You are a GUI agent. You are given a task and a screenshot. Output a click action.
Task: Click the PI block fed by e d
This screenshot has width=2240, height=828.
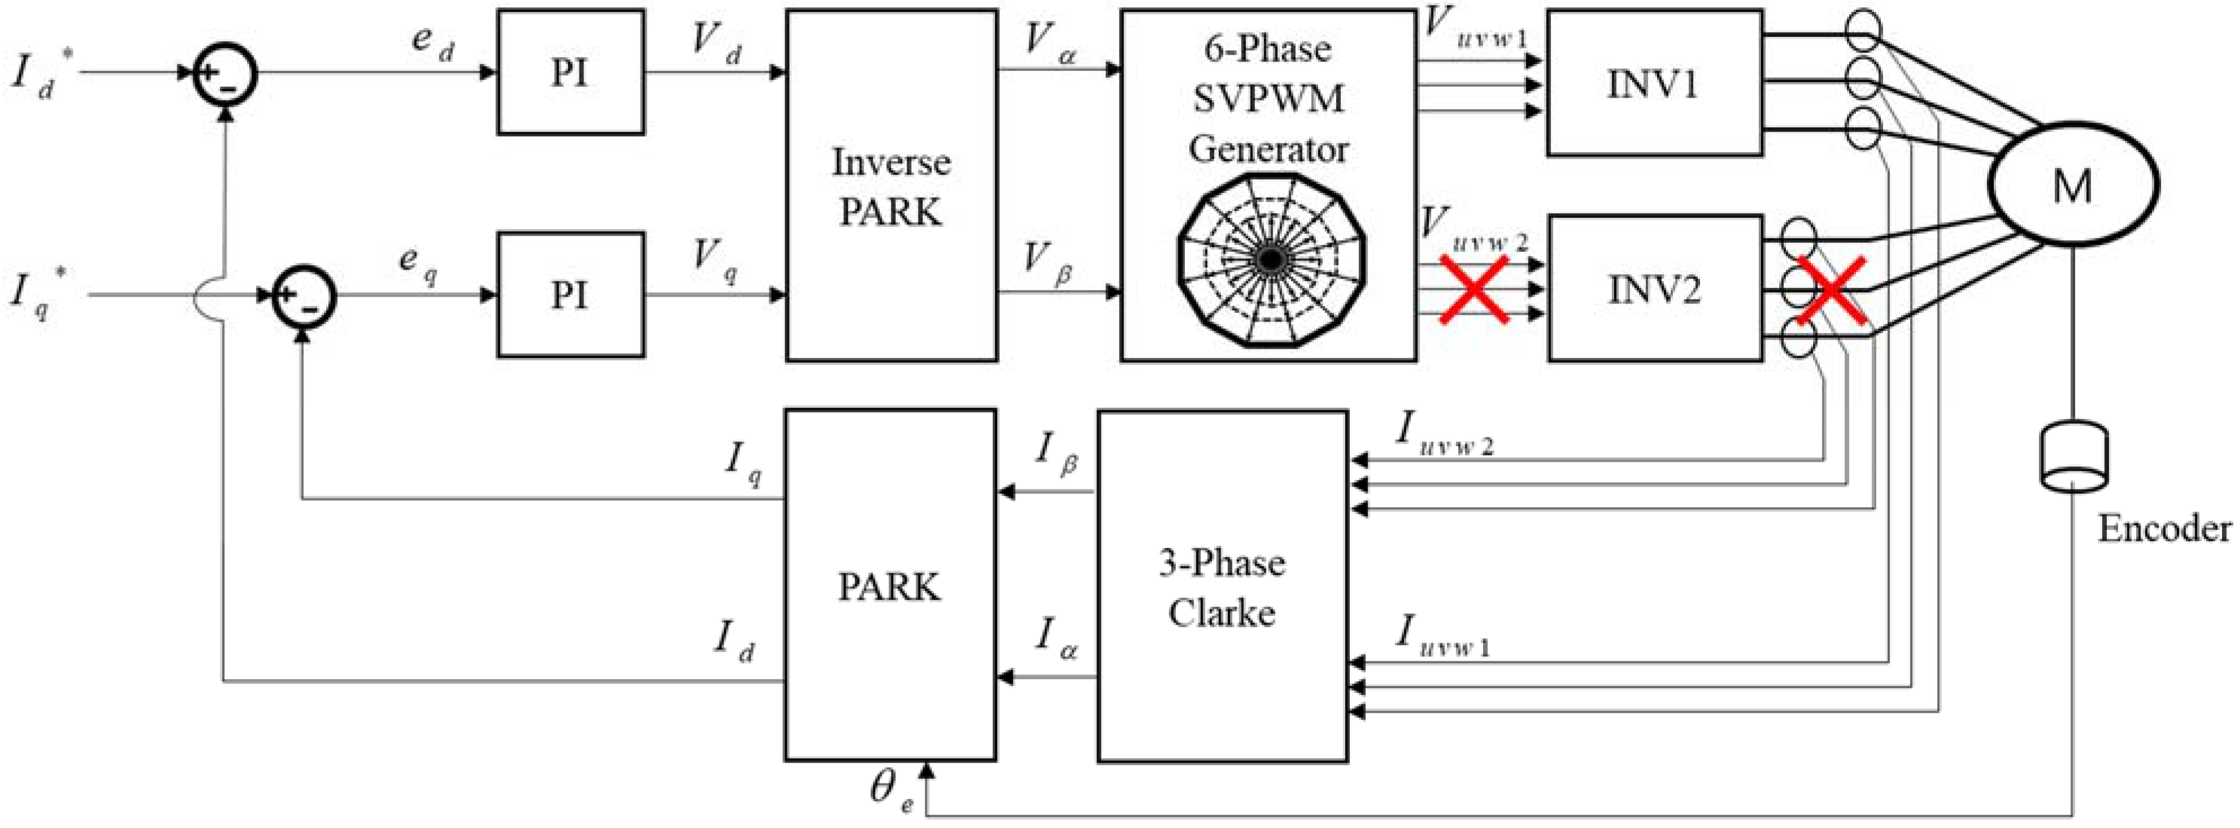(x=570, y=72)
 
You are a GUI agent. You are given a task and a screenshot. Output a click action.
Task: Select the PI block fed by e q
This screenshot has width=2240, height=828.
(x=570, y=295)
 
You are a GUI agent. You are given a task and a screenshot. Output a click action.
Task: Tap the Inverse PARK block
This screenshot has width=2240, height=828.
(x=891, y=185)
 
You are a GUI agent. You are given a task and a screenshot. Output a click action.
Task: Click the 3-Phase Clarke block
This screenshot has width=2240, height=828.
(x=1222, y=587)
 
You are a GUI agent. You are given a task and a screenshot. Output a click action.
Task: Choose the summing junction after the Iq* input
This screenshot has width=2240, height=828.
(x=303, y=296)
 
